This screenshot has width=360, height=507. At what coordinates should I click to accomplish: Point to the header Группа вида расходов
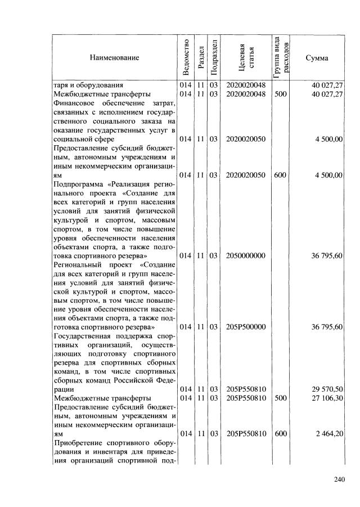click(x=280, y=57)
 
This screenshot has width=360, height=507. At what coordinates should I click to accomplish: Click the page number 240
click(x=338, y=479)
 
